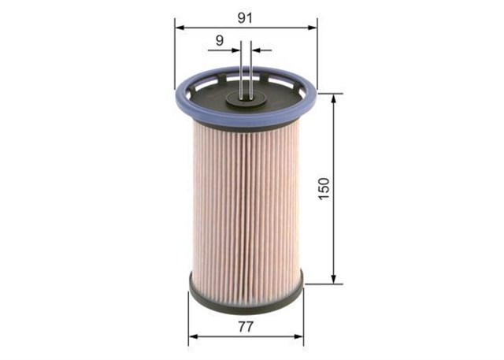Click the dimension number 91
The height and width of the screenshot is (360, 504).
245,18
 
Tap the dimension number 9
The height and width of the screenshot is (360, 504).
220,40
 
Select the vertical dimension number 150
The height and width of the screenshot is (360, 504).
324,189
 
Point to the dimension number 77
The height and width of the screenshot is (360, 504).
246,327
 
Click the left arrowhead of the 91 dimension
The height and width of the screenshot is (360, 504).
180,28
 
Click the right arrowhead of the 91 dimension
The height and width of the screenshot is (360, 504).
313,28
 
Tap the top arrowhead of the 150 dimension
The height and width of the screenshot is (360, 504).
334,98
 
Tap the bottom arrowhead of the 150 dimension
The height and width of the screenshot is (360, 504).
334,280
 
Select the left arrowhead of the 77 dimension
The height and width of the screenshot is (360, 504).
193,336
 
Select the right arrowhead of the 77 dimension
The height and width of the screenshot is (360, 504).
298,336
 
